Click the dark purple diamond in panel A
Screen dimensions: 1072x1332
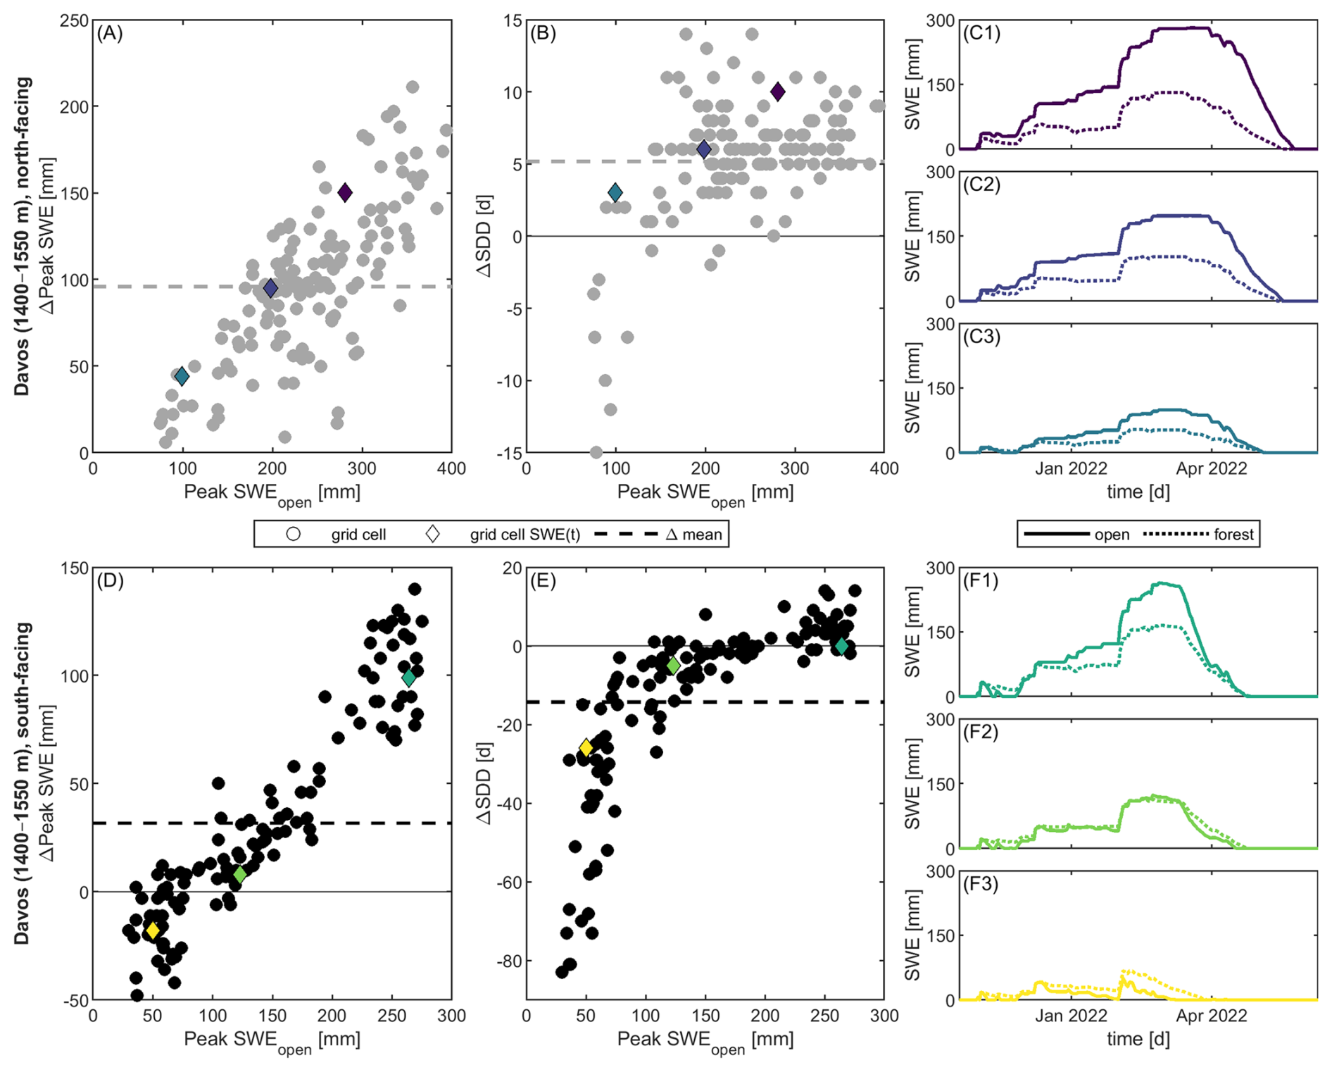345,192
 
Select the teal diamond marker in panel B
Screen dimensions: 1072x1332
615,192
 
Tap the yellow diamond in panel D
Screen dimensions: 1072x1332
153,930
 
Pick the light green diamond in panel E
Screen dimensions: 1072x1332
673,666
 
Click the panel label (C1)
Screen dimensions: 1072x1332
981,33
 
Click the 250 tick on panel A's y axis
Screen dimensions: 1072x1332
75,20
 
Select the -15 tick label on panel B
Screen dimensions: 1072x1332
507,453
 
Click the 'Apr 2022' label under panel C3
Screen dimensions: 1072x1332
1211,468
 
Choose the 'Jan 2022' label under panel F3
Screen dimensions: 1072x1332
1071,1016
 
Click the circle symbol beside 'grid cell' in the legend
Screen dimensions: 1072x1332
294,534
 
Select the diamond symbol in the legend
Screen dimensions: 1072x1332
433,534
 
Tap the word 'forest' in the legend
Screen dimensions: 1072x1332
1233,535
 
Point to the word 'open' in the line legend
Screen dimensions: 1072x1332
1112,535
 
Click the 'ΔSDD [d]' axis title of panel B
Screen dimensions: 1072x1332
484,237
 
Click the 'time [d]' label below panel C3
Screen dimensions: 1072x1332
1138,492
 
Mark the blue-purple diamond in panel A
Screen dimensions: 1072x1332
270,288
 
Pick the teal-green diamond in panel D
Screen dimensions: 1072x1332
408,678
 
